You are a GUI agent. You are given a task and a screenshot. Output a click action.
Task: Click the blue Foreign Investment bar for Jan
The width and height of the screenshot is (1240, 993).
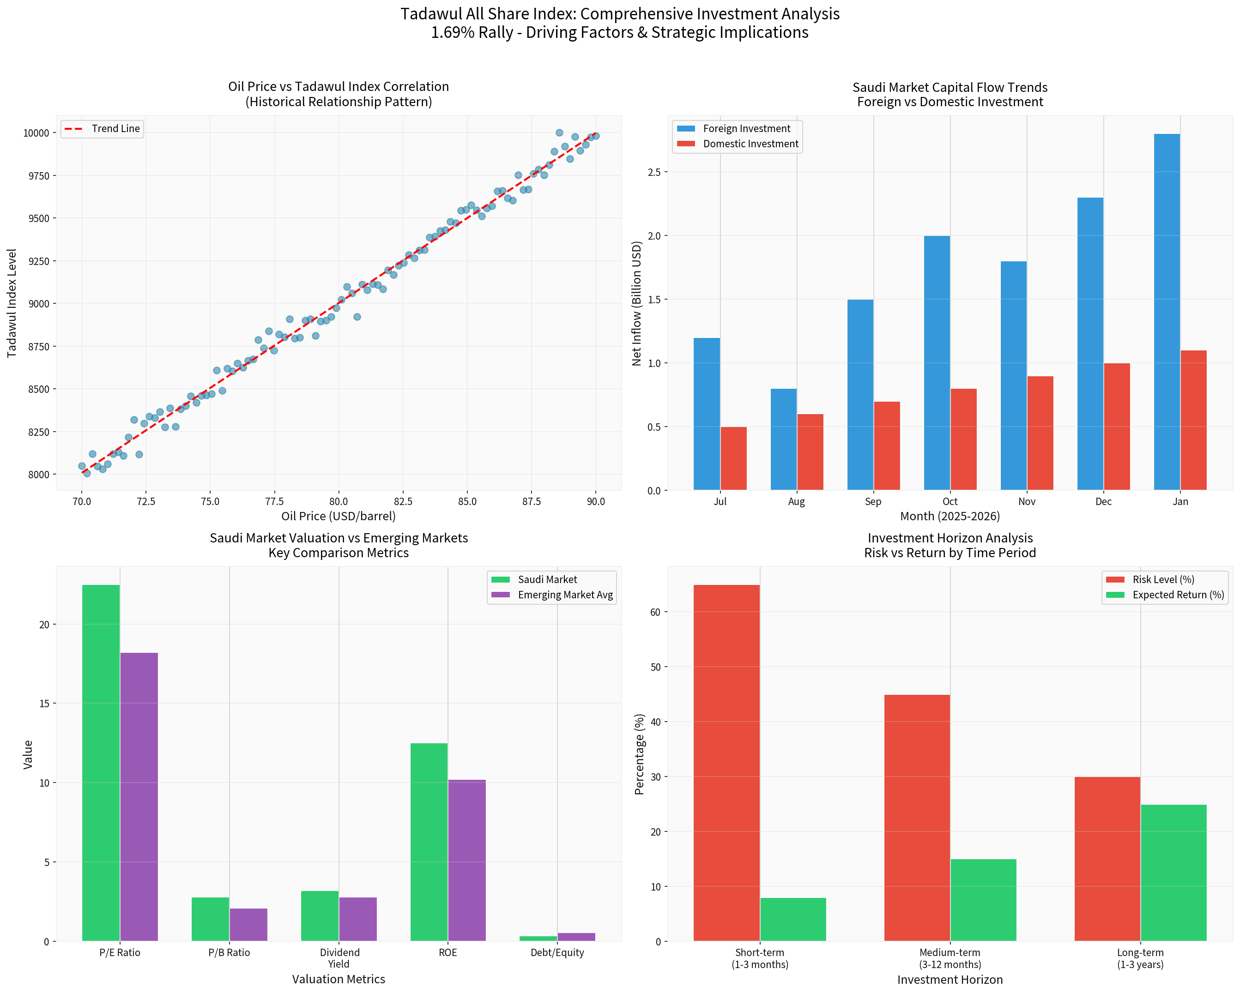pos(1167,312)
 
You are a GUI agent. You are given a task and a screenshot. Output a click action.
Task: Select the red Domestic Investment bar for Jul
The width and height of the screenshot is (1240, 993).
pos(733,458)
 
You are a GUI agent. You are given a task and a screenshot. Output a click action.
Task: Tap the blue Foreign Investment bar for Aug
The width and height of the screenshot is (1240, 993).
pos(783,439)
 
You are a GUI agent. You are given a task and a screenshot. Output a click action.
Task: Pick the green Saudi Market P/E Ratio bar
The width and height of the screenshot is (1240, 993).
pos(101,763)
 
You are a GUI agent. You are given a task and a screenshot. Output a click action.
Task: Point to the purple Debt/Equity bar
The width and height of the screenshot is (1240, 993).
pos(576,937)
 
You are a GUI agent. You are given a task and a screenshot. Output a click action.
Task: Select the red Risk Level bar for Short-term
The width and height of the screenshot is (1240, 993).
pos(726,763)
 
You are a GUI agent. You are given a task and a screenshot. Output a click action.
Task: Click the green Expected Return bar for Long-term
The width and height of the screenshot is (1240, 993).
pos(1173,873)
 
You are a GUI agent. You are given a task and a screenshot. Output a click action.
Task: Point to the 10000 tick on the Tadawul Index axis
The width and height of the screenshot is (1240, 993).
pos(36,133)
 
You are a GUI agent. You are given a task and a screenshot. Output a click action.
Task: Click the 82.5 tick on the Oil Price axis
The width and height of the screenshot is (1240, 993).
pos(403,501)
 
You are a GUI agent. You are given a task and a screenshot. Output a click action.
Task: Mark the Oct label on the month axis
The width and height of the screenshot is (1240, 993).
pos(950,501)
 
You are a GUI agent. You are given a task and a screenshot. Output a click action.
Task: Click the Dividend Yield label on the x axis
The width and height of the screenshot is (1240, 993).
pos(339,958)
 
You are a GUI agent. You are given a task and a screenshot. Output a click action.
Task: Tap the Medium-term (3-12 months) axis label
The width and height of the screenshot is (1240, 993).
pos(950,958)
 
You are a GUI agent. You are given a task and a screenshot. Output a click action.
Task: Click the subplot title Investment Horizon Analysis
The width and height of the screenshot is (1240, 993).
pos(950,538)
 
